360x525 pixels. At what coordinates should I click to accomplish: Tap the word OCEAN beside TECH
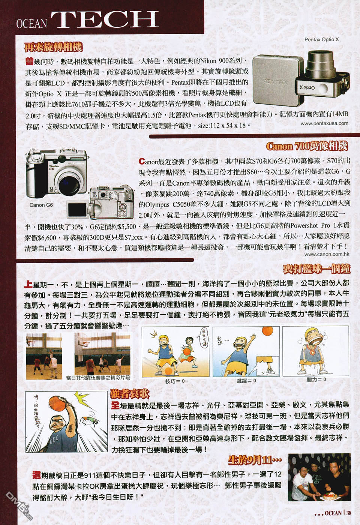pos(31,24)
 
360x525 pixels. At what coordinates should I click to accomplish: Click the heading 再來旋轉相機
pos(53,47)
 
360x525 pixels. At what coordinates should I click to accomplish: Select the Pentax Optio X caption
pos(321,39)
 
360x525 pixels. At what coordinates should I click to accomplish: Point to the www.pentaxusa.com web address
pos(324,123)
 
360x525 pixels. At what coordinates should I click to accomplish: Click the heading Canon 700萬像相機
pos(307,146)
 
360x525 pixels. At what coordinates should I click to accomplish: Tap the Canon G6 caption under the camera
pos(41,205)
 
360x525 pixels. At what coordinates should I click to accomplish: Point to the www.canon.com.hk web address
pos(327,254)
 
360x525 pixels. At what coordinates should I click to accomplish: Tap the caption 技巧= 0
pos(175,381)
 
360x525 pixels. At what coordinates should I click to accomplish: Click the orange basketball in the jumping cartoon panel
pos(267,331)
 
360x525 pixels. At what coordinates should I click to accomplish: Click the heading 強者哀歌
pos(130,393)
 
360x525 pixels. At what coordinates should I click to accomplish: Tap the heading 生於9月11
pos(255,460)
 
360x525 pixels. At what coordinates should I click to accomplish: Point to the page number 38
pos(349,513)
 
